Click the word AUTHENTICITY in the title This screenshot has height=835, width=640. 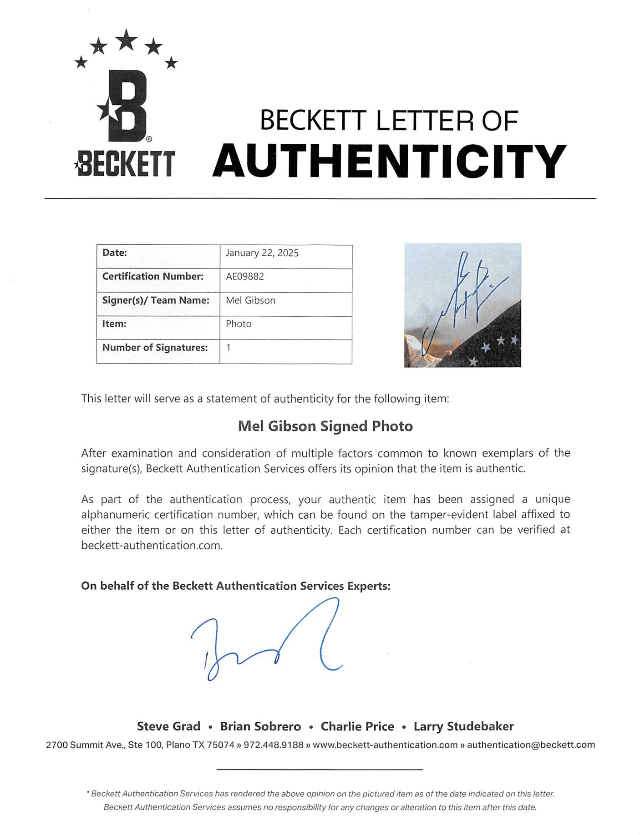point(389,162)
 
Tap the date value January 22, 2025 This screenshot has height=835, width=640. point(262,253)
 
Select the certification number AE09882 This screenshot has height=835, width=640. point(245,277)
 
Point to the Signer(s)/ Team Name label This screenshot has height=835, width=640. point(156,300)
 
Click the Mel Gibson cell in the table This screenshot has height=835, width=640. point(250,300)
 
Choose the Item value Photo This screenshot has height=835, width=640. point(239,324)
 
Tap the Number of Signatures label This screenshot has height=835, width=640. point(155,348)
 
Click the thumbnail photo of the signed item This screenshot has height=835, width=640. point(462,305)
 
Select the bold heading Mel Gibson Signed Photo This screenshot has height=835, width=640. point(325,426)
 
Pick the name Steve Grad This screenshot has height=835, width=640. point(168,726)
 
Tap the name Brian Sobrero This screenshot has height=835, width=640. point(260,726)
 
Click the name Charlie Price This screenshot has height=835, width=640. point(357,726)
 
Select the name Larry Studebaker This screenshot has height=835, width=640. point(463,726)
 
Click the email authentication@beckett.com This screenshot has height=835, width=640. point(531,745)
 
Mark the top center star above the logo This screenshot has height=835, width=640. point(127,40)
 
